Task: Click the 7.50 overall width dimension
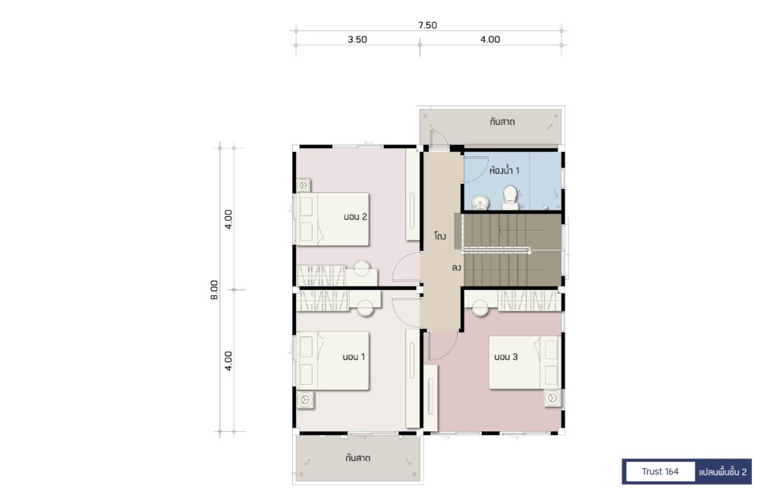[x=427, y=25]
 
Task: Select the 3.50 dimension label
[x=357, y=39]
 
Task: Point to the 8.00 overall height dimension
[x=214, y=290]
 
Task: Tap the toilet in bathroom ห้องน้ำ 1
[x=511, y=198]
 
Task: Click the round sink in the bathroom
[x=480, y=202]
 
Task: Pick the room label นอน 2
[x=355, y=216]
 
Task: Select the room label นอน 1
[x=354, y=357]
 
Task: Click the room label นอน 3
[x=506, y=357]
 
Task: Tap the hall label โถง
[x=440, y=236]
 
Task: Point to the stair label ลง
[x=456, y=268]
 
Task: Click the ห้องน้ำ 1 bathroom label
[x=505, y=171]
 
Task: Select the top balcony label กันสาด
[x=502, y=121]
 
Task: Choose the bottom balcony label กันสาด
[x=358, y=458]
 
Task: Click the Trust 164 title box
[x=660, y=471]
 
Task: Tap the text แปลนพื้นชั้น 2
[x=722, y=472]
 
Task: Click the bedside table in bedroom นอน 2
[x=304, y=186]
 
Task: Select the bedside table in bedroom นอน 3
[x=553, y=398]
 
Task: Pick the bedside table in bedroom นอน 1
[x=306, y=399]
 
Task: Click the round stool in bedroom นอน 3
[x=480, y=307]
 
